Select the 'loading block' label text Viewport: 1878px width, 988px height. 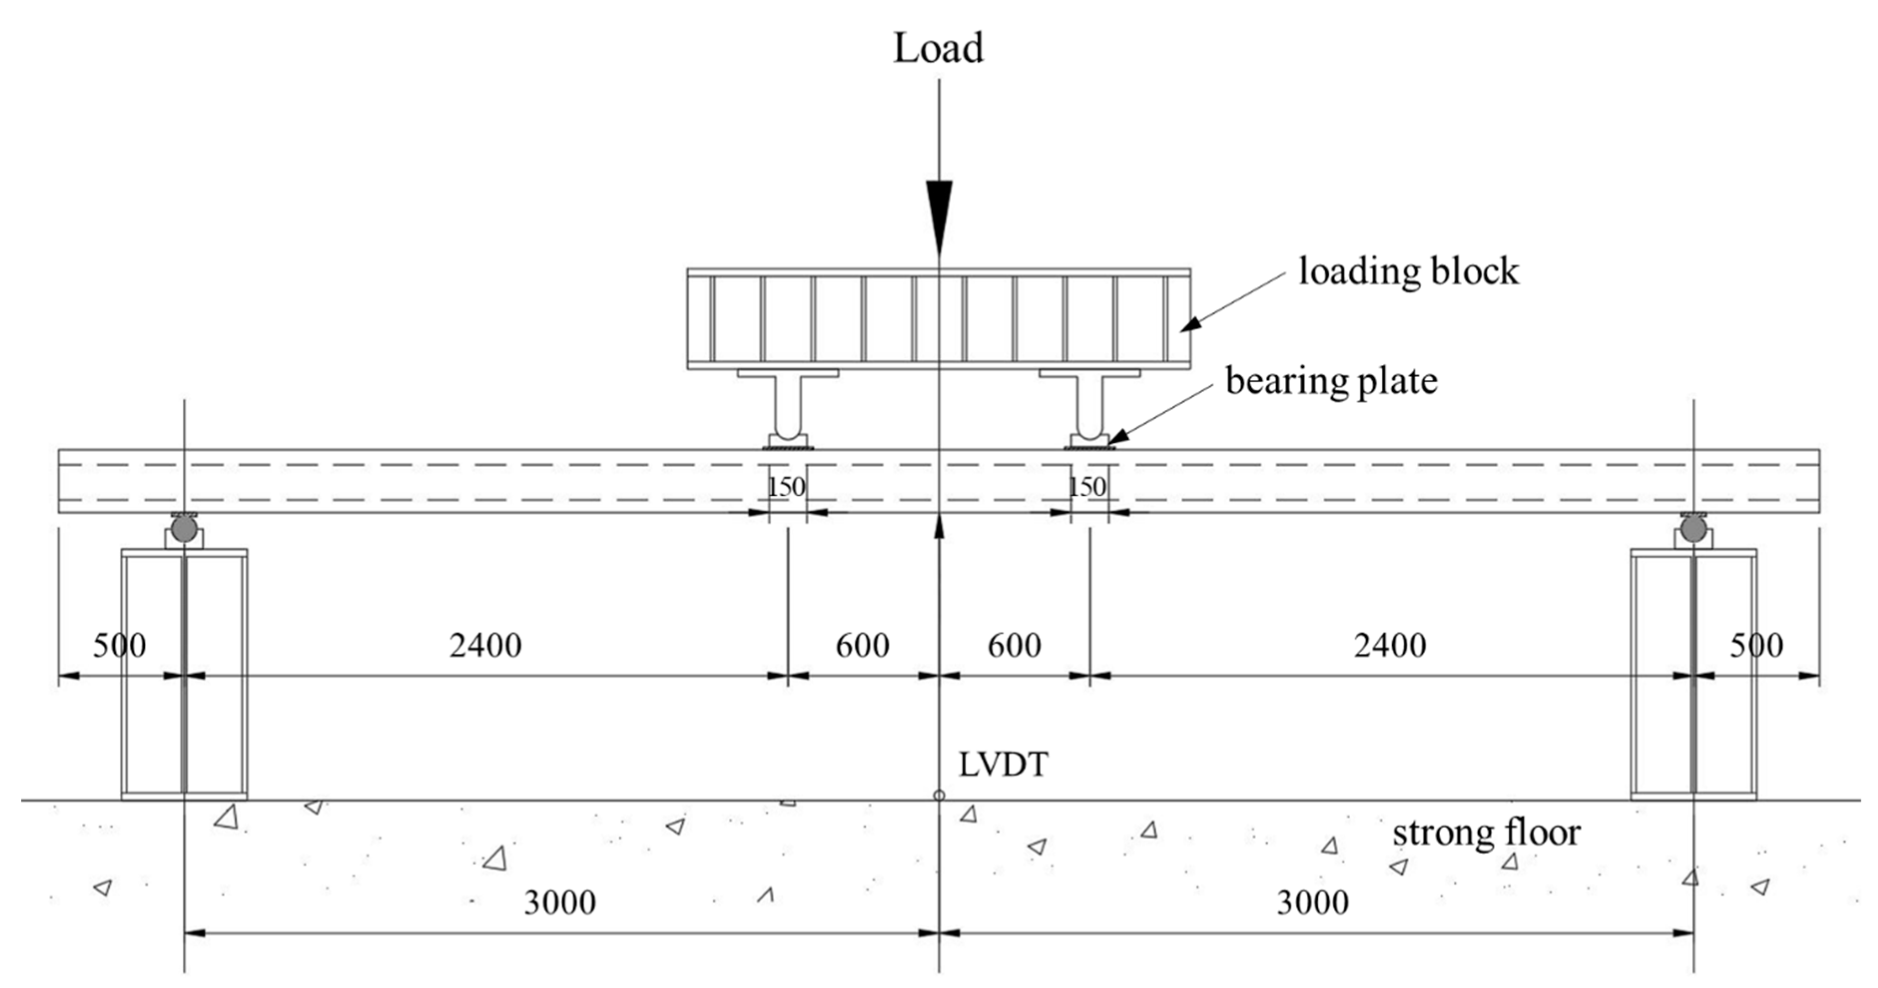click(x=1408, y=272)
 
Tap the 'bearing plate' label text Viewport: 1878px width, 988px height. click(x=1331, y=381)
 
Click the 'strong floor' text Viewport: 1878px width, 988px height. click(x=1486, y=833)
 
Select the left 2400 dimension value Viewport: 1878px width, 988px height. click(x=486, y=645)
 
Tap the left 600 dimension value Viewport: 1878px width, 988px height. click(x=862, y=645)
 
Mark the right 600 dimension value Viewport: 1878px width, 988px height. click(x=1015, y=645)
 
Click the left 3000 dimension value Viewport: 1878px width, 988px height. click(x=560, y=903)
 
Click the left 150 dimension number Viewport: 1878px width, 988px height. click(x=787, y=487)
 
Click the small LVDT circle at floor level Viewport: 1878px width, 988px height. click(x=939, y=795)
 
